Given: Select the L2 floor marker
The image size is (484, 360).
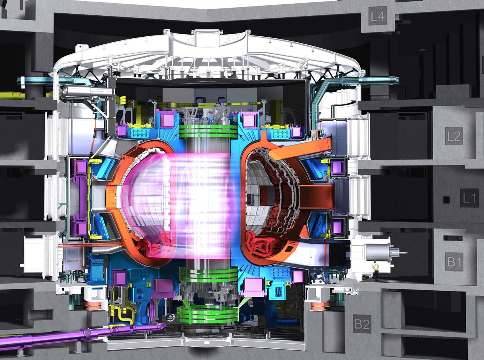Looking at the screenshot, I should (x=454, y=136).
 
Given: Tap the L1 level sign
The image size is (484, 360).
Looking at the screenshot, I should (x=469, y=198).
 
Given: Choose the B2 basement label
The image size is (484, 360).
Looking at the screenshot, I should (x=362, y=324).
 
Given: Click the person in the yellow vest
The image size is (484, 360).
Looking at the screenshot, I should (x=376, y=270).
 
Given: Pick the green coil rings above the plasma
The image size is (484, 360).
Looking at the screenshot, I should (x=208, y=131).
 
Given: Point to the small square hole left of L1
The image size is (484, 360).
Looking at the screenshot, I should (x=446, y=199).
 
